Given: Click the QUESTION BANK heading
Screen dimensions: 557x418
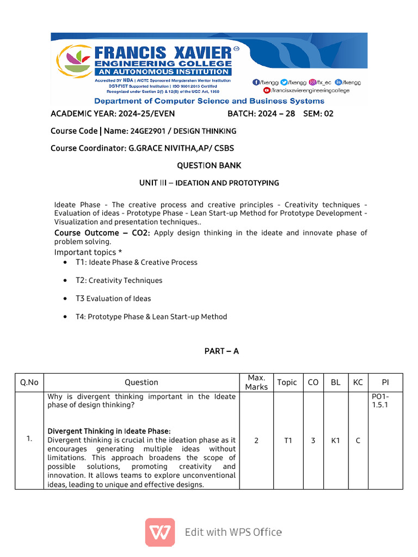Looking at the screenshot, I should coord(209,165).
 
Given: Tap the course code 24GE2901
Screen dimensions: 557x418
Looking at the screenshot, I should coord(145,131).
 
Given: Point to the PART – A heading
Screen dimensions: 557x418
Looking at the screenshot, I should coord(222,351).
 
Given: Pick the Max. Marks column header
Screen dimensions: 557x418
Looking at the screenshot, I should coord(256,382).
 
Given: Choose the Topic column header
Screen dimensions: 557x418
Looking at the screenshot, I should coord(287,382).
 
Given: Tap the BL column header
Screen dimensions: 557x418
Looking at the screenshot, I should coord(335,382).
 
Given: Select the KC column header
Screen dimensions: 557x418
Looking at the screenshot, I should coord(358,382).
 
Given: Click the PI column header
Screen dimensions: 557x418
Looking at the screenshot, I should coord(385,382).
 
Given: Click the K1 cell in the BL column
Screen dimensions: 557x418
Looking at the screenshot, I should coord(335,441).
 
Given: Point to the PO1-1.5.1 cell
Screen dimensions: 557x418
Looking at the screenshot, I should coord(380,401).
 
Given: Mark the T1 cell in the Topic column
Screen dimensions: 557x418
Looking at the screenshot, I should coord(288,441).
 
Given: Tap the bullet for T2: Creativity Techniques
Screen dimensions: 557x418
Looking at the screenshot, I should coord(65,281).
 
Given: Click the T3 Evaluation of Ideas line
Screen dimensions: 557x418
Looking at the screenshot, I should coord(113,299).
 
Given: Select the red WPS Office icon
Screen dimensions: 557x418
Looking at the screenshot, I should coord(160,532).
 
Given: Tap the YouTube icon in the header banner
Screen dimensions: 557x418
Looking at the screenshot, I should coord(267,90).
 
